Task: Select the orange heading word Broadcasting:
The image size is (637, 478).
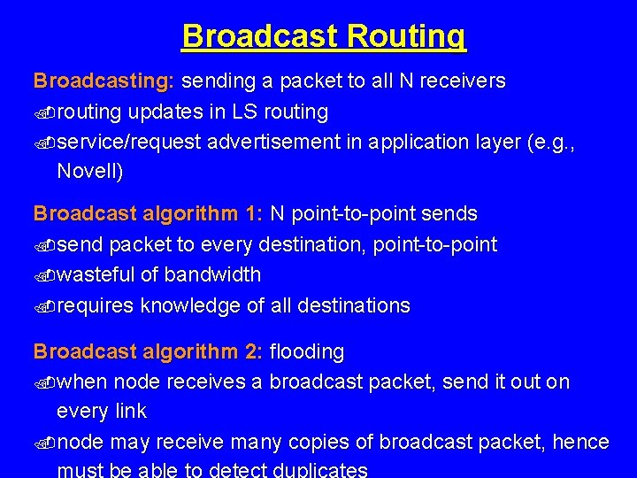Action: coord(104,81)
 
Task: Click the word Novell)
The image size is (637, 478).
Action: coord(90,172)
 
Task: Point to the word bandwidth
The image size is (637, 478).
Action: coord(213,275)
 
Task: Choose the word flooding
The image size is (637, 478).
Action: coord(306,352)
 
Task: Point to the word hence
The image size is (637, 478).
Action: coord(580,442)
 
